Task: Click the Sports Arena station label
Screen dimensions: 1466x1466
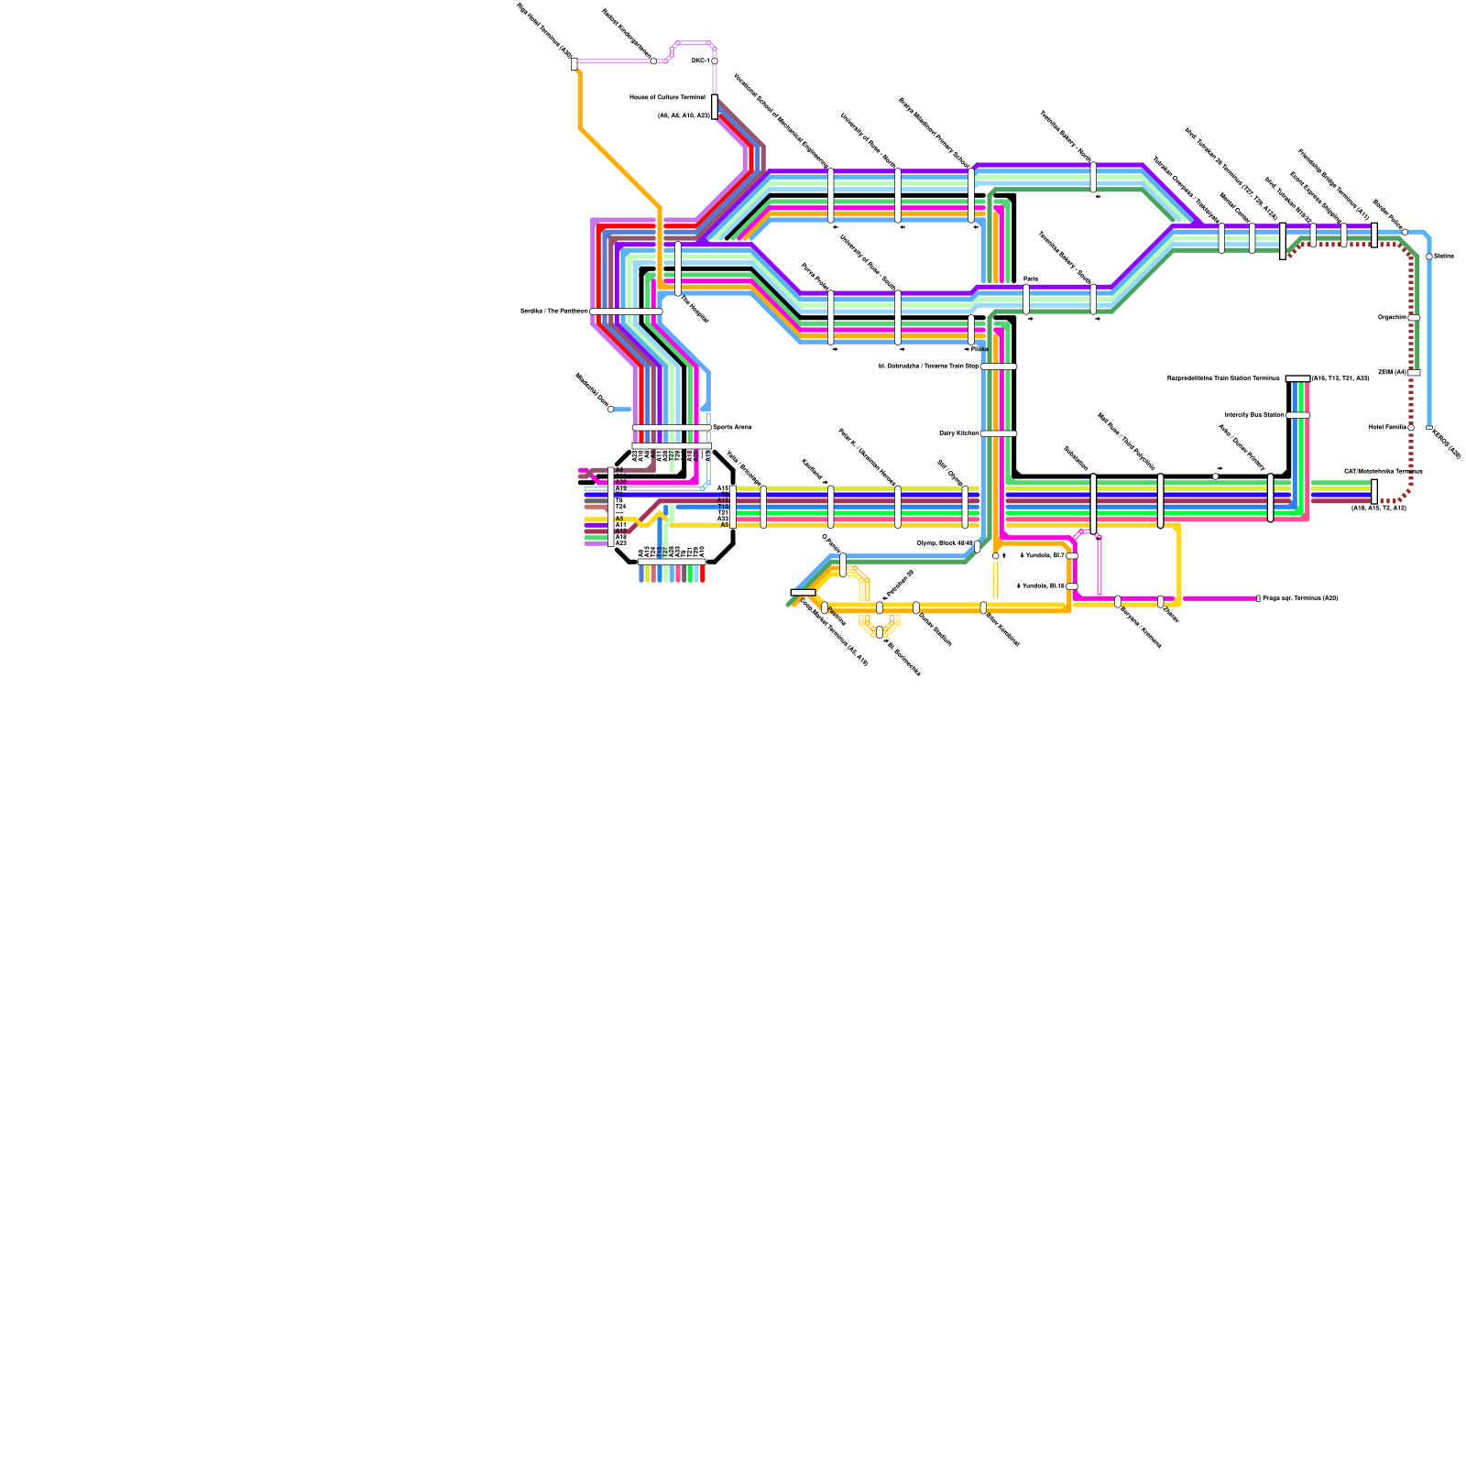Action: pyautogui.click(x=732, y=427)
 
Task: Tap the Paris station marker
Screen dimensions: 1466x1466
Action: pyautogui.click(x=1026, y=299)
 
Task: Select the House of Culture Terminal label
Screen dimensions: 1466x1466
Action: pyautogui.click(x=667, y=97)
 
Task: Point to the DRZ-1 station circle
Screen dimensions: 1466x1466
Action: pyautogui.click(x=715, y=61)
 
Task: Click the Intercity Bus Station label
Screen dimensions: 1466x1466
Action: pyautogui.click(x=1254, y=415)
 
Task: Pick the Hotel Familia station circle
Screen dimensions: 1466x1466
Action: pyautogui.click(x=1411, y=427)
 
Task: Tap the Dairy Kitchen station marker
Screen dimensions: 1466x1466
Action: pyautogui.click(x=999, y=433)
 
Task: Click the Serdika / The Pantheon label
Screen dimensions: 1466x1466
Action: pyautogui.click(x=554, y=312)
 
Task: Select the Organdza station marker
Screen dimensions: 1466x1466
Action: pyautogui.click(x=1414, y=318)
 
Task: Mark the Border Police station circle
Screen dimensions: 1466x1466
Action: pyautogui.click(x=1405, y=232)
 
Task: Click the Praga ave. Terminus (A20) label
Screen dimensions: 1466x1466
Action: pyautogui.click(x=1300, y=598)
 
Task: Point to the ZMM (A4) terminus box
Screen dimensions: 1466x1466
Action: pyautogui.click(x=1414, y=373)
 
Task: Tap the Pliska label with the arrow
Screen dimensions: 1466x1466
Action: pyautogui.click(x=976, y=349)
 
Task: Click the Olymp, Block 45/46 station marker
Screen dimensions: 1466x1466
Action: pyautogui.click(x=978, y=546)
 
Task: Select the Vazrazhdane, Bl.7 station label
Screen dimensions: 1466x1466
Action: pyautogui.click(x=1042, y=555)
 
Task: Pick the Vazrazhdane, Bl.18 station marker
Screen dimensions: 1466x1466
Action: pyautogui.click(x=1072, y=586)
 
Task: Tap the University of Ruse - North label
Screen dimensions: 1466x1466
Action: pyautogui.click(x=869, y=140)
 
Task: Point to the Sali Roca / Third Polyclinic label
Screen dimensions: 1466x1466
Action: pyautogui.click(x=1126, y=441)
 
